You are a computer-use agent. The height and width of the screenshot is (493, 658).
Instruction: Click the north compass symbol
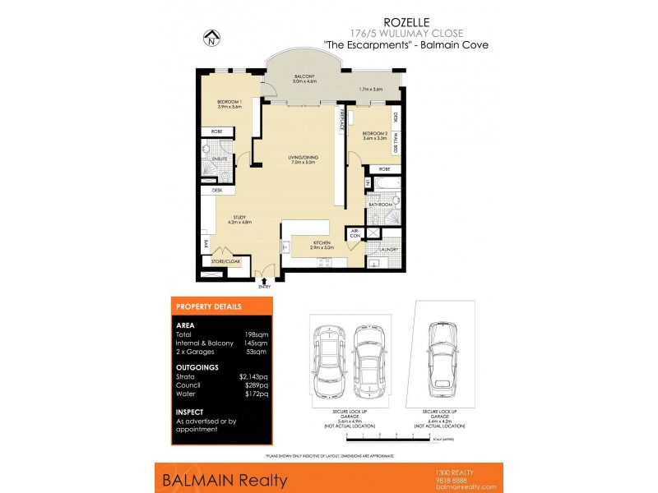point(212,37)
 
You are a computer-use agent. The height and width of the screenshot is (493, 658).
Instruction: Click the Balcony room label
point(305,78)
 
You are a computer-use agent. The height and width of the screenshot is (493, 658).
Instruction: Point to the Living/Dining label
point(304,159)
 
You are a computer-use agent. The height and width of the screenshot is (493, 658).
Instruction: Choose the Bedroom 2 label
point(375,135)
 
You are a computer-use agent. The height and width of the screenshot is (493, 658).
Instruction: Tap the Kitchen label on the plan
point(321,244)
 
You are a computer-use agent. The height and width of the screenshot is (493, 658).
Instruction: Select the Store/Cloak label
point(224,261)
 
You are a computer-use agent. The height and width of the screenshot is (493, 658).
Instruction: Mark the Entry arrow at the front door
point(263,281)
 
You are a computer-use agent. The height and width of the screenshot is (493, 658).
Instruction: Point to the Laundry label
point(389,249)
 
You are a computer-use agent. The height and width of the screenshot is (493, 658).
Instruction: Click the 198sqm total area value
point(257,334)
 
